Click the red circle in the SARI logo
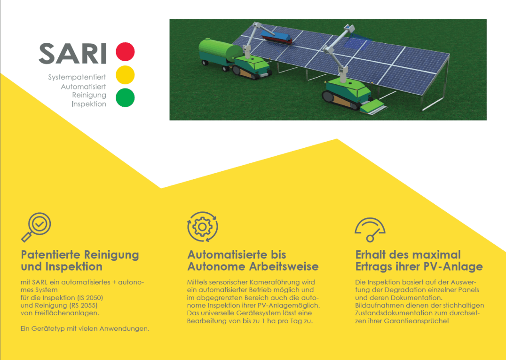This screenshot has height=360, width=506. click(x=125, y=52)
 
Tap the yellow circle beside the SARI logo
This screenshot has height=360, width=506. click(x=125, y=74)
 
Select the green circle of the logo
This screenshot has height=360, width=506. click(x=125, y=97)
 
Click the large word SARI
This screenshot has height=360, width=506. click(x=73, y=54)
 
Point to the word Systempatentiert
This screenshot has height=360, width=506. click(x=77, y=77)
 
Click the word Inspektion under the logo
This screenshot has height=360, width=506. click(x=89, y=104)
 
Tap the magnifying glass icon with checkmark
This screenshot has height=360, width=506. click(x=36, y=227)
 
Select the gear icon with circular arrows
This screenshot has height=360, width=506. click(x=203, y=227)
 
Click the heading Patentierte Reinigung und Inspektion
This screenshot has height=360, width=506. click(x=79, y=261)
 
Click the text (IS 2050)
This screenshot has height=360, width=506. click(x=90, y=297)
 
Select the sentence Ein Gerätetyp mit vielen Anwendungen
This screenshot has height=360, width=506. click(x=85, y=328)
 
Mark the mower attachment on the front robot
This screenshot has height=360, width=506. click(x=373, y=107)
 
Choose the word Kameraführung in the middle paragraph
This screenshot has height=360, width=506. click(x=270, y=282)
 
